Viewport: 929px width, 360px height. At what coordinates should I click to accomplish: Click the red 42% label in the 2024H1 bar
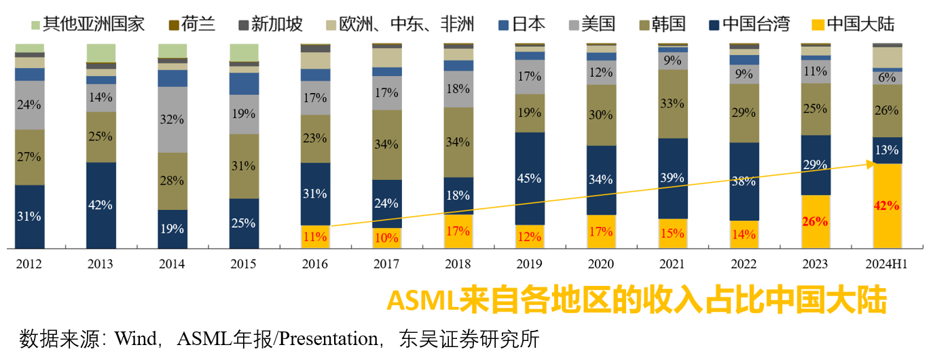click(x=887, y=206)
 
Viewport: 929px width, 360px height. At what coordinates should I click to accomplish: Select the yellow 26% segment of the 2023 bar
click(x=816, y=221)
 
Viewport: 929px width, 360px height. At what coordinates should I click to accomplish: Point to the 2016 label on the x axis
click(x=315, y=264)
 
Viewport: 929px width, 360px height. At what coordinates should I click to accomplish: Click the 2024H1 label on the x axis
click(x=887, y=264)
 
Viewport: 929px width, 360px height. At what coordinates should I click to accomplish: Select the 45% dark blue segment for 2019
click(x=529, y=178)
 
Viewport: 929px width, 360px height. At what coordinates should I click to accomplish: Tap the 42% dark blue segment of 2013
click(x=101, y=205)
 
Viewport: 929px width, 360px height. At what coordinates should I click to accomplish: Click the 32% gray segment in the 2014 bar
click(x=172, y=120)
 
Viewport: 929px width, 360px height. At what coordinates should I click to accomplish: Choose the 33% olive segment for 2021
click(x=672, y=104)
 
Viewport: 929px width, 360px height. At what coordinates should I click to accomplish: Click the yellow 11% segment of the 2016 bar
click(x=315, y=237)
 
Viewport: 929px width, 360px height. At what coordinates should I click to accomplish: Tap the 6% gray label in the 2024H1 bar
click(x=887, y=78)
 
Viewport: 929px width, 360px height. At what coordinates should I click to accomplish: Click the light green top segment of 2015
click(x=244, y=52)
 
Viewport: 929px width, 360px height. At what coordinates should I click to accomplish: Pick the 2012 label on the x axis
click(x=29, y=264)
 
